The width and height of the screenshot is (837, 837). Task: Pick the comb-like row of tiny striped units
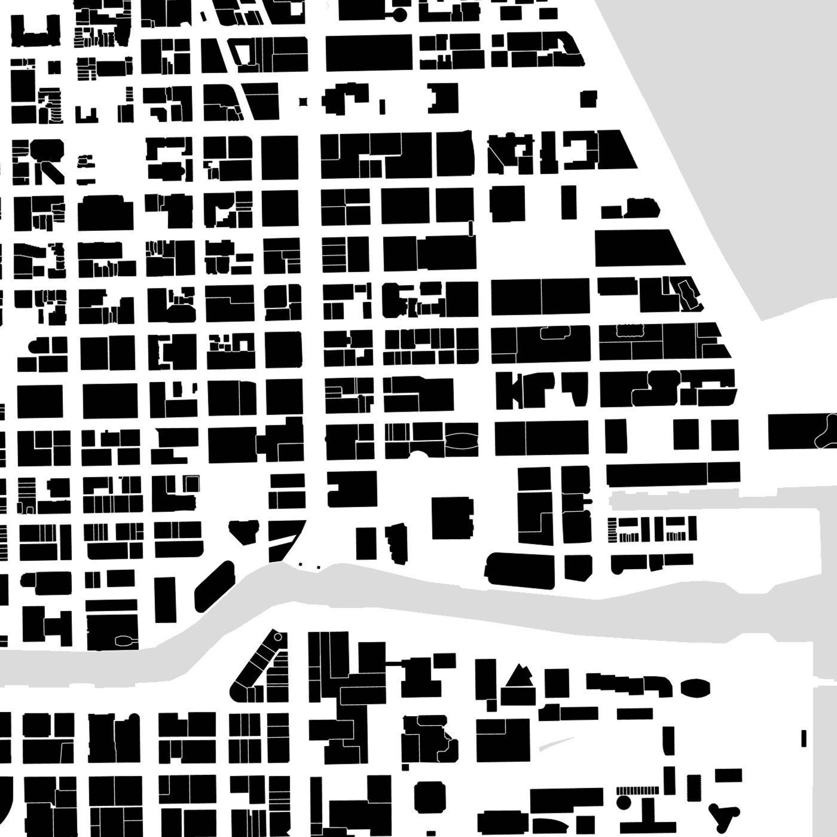(x=637, y=791)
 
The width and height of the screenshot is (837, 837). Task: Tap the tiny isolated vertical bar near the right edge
(x=804, y=738)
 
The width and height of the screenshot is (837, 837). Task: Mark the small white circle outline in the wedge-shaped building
(x=278, y=637)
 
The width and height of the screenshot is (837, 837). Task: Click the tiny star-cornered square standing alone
(x=303, y=102)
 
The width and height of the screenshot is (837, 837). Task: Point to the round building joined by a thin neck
(x=400, y=14)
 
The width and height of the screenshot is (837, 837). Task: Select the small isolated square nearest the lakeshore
(x=588, y=99)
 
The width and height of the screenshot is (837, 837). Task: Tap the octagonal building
(x=430, y=797)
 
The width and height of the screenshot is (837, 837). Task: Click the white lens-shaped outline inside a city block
(x=462, y=440)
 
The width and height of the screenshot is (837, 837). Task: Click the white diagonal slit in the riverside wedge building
(x=283, y=539)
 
